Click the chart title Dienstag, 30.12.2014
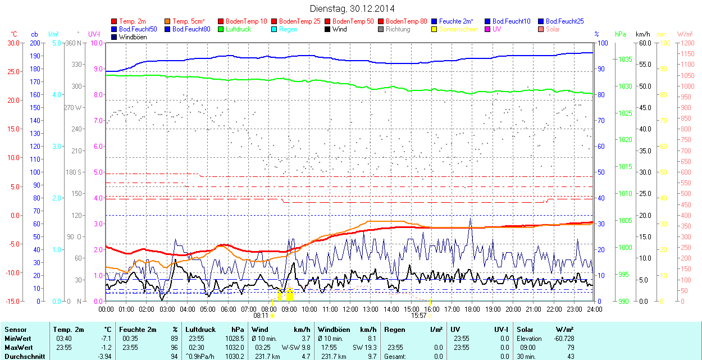(x=352, y=8)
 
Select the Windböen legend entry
(x=132, y=37)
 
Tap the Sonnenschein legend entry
(x=458, y=29)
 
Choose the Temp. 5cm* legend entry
(x=188, y=21)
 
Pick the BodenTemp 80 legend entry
(x=407, y=21)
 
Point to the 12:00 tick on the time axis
(x=350, y=309)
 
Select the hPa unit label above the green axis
(x=621, y=34)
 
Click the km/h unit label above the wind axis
(x=643, y=34)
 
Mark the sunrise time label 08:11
(x=261, y=316)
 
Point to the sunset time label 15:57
(x=419, y=316)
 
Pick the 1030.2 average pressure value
(x=235, y=356)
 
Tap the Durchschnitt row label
(x=25, y=356)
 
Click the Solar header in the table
(x=525, y=330)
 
